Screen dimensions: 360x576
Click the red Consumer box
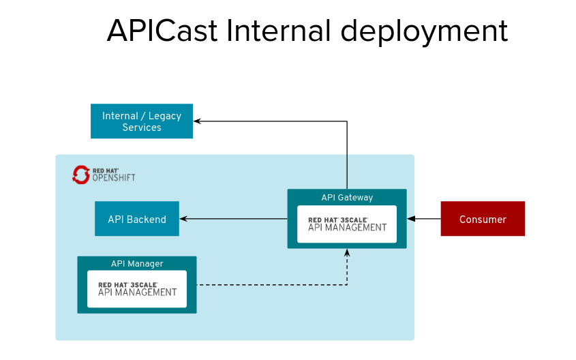pyautogui.click(x=483, y=219)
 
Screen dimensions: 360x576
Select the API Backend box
pyautogui.click(x=136, y=219)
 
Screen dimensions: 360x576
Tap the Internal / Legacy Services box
pyautogui.click(x=142, y=121)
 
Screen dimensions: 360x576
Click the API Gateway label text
pyautogui.click(x=347, y=198)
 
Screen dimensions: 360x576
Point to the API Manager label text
pyautogui.click(x=137, y=264)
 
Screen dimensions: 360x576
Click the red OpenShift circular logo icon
pyautogui.click(x=81, y=175)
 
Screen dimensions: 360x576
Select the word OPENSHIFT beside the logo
pyautogui.click(x=114, y=179)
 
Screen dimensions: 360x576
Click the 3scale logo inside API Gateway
pyautogui.click(x=347, y=224)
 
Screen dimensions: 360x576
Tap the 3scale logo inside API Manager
pyautogui.click(x=137, y=289)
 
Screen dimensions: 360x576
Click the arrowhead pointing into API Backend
pyautogui.click(x=183, y=219)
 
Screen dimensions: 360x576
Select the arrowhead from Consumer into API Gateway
pyautogui.click(x=412, y=219)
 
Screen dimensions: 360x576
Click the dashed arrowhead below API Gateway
pyautogui.click(x=347, y=253)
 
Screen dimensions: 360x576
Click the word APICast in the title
pyautogui.click(x=162, y=31)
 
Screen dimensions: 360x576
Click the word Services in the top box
pyautogui.click(x=142, y=127)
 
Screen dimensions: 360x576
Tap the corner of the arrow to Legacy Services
pyautogui.click(x=347, y=121)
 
